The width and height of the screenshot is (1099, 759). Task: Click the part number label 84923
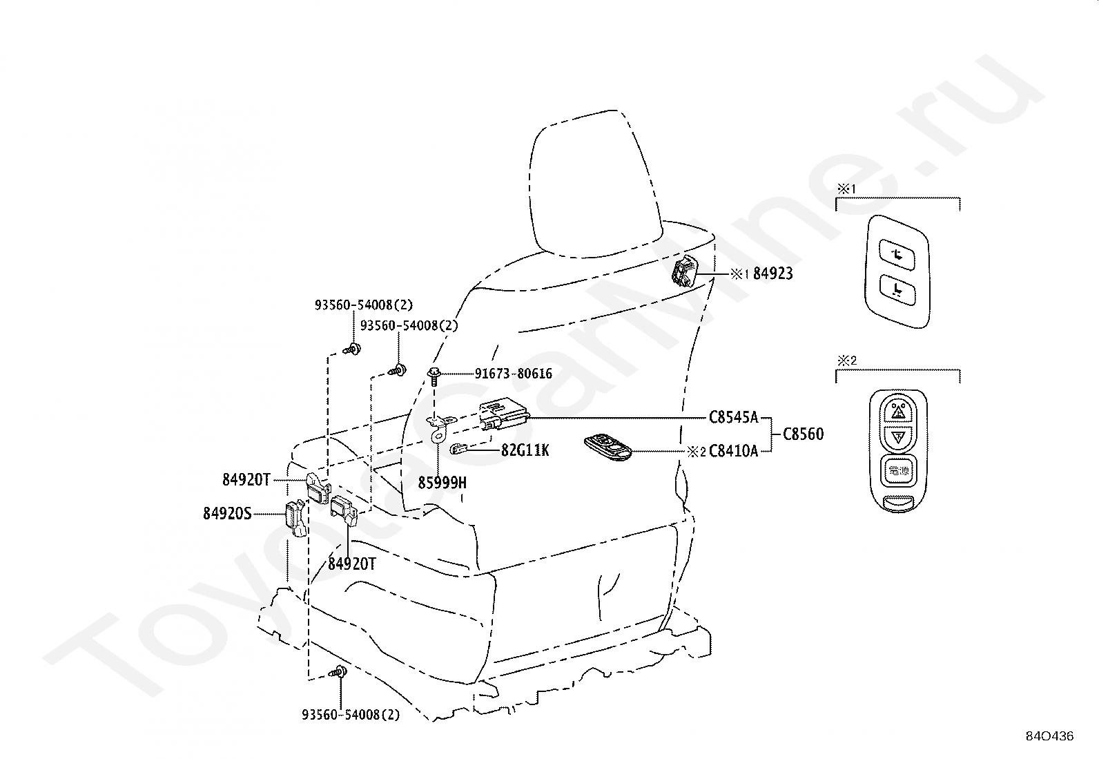pyautogui.click(x=772, y=273)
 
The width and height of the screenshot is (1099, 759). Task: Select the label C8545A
pyautogui.click(x=733, y=417)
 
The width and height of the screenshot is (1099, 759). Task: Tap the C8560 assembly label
pyautogui.click(x=803, y=434)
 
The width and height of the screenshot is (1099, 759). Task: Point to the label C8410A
pyautogui.click(x=733, y=452)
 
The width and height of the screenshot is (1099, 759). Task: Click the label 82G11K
pyautogui.click(x=525, y=450)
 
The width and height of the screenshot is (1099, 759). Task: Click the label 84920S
pyautogui.click(x=227, y=513)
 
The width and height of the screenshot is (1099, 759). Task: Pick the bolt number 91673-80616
pyautogui.click(x=513, y=374)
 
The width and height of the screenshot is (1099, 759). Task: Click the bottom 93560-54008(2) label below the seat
pyautogui.click(x=351, y=715)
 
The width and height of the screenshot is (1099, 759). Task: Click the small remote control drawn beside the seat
pyautogui.click(x=608, y=446)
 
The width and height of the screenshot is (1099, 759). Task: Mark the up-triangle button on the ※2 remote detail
pyautogui.click(x=898, y=411)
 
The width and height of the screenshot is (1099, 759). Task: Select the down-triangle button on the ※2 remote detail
pyautogui.click(x=898, y=436)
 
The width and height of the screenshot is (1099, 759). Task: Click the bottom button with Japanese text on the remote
pyautogui.click(x=898, y=470)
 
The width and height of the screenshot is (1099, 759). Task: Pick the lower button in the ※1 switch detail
pyautogui.click(x=896, y=289)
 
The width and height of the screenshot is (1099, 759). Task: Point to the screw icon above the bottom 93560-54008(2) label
pyautogui.click(x=340, y=671)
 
